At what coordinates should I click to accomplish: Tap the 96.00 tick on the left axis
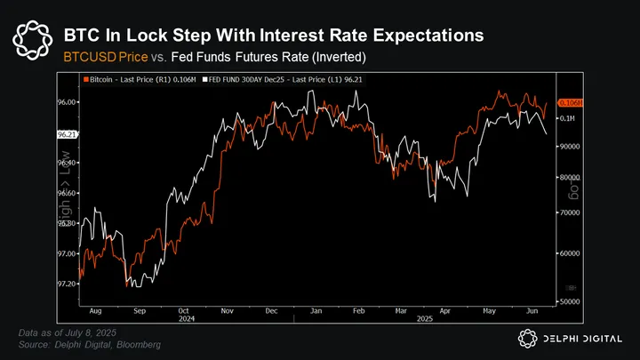pyautogui.click(x=67, y=102)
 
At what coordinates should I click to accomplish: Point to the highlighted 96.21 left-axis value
pyautogui.click(x=67, y=134)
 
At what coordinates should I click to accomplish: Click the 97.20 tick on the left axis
pyautogui.click(x=67, y=283)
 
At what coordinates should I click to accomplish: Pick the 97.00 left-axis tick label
pyautogui.click(x=67, y=253)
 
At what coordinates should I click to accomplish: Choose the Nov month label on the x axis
pyautogui.click(x=227, y=312)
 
